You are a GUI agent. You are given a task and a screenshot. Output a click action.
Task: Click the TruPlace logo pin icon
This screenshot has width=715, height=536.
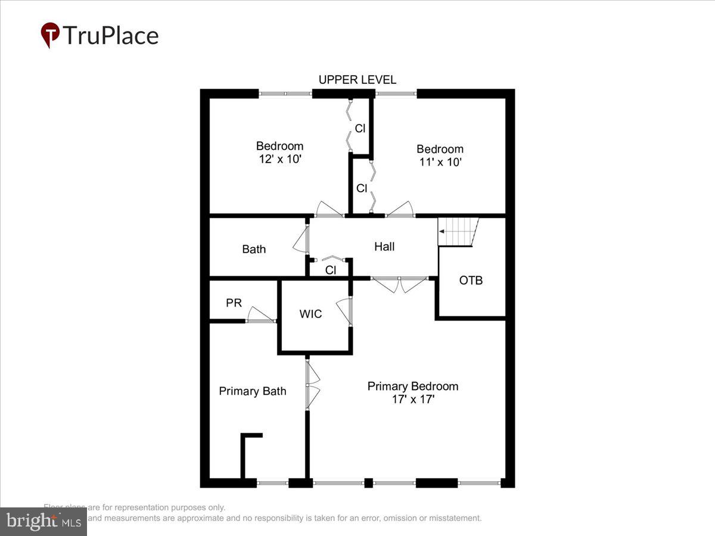50,35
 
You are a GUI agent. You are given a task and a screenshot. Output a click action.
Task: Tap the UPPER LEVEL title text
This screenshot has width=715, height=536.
357,80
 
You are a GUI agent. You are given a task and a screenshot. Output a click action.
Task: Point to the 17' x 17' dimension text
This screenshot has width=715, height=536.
413,399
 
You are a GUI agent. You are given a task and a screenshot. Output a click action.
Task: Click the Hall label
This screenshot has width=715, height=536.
384,247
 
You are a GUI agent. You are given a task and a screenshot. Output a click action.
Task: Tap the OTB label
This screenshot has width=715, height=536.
471,280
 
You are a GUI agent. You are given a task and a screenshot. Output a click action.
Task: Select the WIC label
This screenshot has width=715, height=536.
310,314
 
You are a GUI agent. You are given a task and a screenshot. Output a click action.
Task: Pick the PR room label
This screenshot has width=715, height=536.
234,303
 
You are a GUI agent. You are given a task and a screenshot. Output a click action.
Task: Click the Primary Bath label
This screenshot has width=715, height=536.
253,391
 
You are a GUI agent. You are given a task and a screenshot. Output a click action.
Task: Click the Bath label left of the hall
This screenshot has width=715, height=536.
254,250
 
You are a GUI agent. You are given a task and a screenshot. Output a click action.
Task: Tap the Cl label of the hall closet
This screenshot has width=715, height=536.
331,270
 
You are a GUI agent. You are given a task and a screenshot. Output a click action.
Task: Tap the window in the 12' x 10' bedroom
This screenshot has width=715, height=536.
285,94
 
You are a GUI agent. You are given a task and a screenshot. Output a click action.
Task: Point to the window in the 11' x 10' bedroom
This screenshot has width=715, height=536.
396,94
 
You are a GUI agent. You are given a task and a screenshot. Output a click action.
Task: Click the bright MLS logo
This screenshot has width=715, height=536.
43,521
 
